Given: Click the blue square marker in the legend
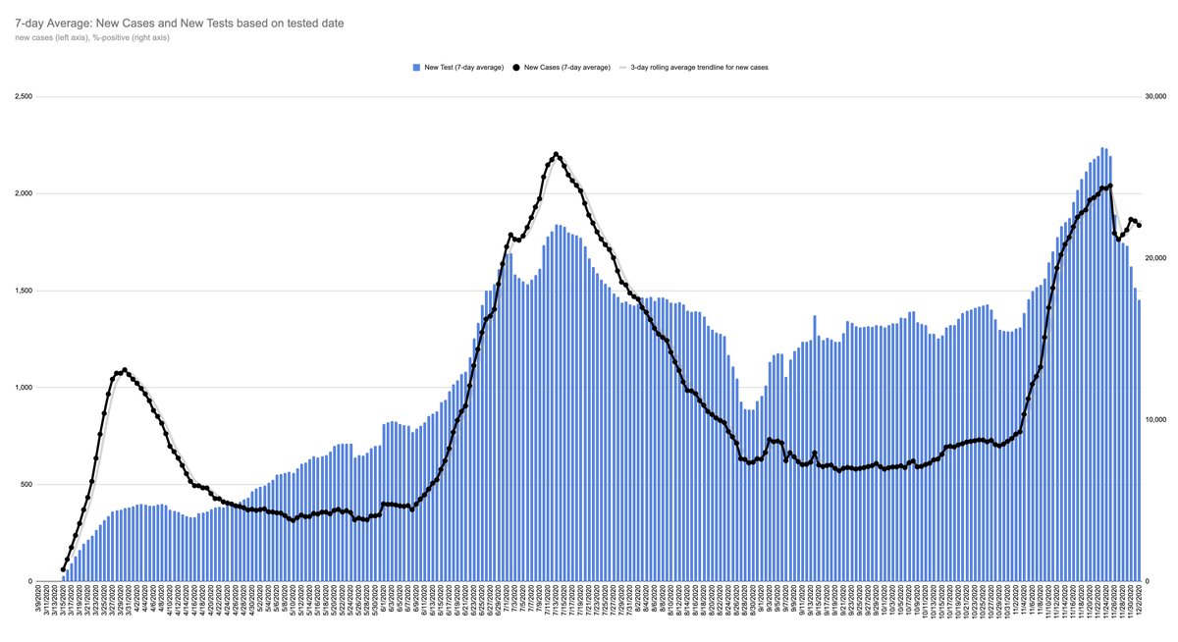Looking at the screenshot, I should point(416,68).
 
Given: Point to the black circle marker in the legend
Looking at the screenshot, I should point(517,68).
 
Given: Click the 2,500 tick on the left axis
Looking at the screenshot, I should point(23,97).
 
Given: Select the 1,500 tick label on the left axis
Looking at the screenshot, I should point(23,291).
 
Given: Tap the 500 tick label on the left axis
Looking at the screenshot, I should point(26,484).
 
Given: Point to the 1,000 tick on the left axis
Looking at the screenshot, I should point(23,388).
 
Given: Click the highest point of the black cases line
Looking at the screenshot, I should point(557,154).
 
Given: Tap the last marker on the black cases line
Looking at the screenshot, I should point(1139,226).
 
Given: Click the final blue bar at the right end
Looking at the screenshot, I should point(1139,441).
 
